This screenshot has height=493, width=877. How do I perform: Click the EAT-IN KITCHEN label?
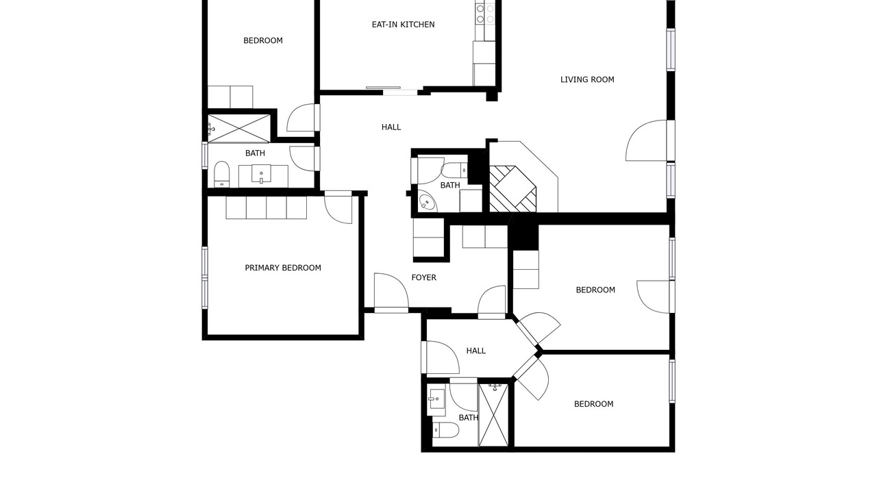click(403, 25)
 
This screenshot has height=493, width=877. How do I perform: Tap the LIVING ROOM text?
click(587, 80)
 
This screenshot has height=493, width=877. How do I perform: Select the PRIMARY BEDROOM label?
click(283, 268)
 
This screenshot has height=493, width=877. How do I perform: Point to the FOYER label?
click(423, 277)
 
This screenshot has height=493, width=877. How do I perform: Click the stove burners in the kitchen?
click(485, 14)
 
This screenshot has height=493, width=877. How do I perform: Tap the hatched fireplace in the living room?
click(512, 189)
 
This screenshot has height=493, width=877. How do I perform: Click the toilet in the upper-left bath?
click(221, 174)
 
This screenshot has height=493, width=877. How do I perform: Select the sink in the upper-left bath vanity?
click(261, 174)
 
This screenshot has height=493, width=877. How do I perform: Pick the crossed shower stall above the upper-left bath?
click(239, 128)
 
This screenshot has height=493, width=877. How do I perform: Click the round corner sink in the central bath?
click(427, 201)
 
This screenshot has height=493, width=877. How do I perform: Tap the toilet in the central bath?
click(454, 170)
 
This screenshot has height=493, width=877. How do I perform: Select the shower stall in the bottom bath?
click(493, 415)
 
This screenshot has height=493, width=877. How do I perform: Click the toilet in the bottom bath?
click(445, 431)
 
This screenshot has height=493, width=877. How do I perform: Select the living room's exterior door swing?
click(646, 140)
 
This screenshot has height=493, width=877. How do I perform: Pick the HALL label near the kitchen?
click(391, 127)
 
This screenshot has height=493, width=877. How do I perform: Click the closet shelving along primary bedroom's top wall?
click(267, 207)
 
